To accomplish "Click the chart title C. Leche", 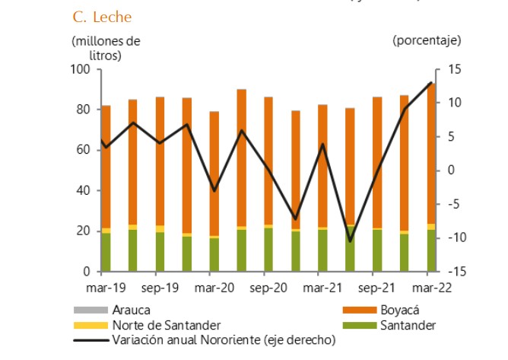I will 101,16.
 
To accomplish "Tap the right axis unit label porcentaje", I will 427,40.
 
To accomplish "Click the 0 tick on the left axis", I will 87,272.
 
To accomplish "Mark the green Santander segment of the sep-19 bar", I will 160,252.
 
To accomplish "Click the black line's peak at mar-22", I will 431,82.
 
